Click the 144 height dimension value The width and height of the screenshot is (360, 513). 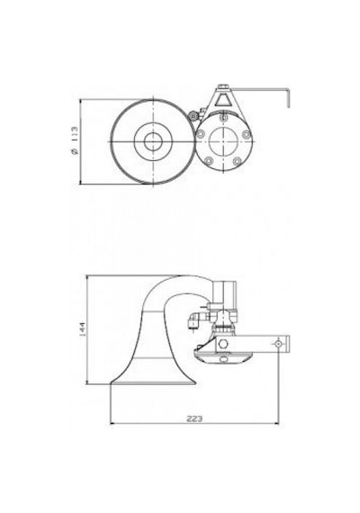click(x=82, y=329)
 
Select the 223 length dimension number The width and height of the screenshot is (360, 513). click(x=194, y=418)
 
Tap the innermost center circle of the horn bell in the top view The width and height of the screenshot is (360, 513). click(x=153, y=141)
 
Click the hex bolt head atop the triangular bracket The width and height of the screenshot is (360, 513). click(x=224, y=86)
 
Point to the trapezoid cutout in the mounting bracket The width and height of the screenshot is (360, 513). click(x=223, y=100)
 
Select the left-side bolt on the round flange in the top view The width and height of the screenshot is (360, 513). click(x=201, y=133)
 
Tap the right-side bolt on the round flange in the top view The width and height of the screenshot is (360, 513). click(x=247, y=134)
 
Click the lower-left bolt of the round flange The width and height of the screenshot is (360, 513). click(x=209, y=160)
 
